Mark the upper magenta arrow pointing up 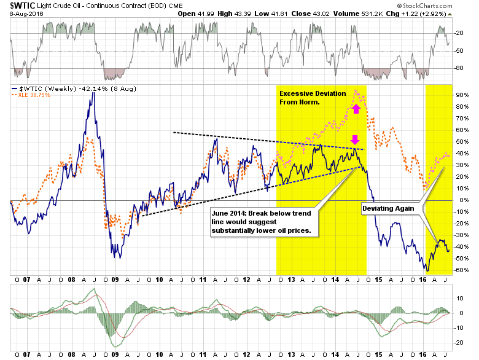pyautogui.click(x=355, y=109)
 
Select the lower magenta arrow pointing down pyautogui.click(x=355, y=139)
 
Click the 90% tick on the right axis pyautogui.click(x=461, y=95)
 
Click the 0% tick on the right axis pyautogui.click(x=461, y=200)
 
